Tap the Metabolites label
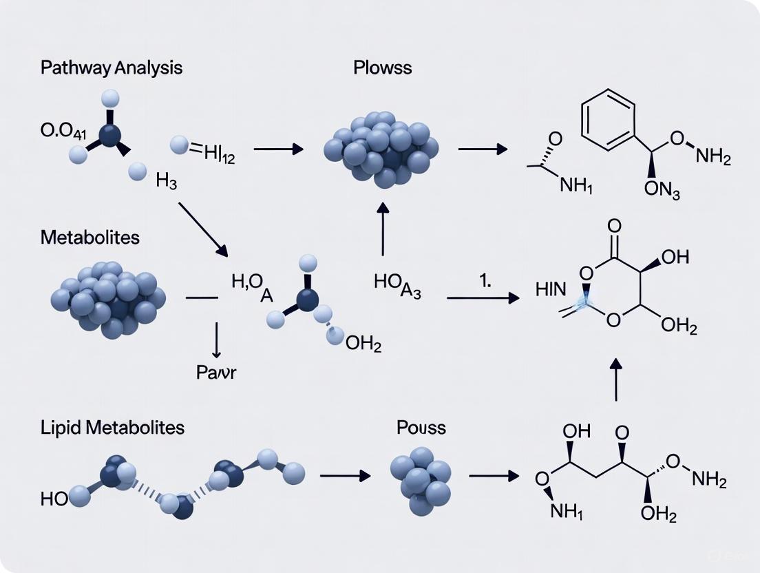(x=89, y=238)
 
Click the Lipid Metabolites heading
(x=113, y=427)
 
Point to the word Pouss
(x=421, y=427)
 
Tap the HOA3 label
(x=397, y=288)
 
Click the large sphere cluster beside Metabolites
(x=108, y=298)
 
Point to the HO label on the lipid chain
(x=54, y=499)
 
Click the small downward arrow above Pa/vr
(x=216, y=338)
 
